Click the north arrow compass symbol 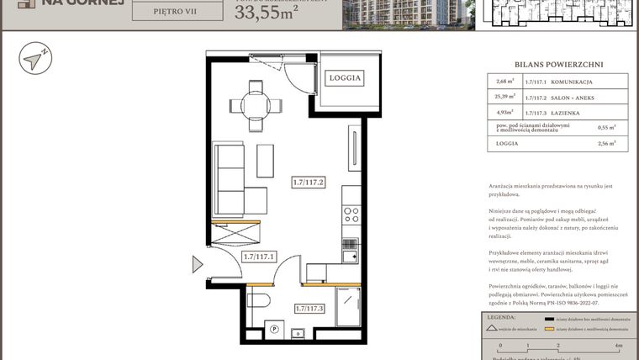pos(35,59)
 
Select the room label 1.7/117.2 pos(309,181)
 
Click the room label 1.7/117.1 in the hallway pos(259,257)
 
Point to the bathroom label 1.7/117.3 pos(310,310)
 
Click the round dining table pos(256,105)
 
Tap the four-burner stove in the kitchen pos(351,215)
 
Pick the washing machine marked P pos(272,330)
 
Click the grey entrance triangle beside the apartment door pos(198,266)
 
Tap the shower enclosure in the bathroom pos(346,306)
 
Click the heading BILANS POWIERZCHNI pos(558,64)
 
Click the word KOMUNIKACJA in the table pos(572,82)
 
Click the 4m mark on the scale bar pos(618,346)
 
